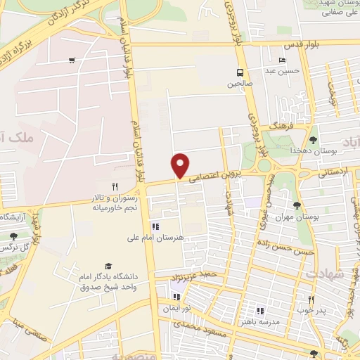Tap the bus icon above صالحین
point(241,72)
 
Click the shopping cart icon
point(72,60)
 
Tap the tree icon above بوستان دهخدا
point(313,140)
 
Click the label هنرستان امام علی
point(182,238)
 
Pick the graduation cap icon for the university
point(108,266)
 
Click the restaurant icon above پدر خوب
point(311,298)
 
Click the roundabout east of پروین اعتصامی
point(264,166)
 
